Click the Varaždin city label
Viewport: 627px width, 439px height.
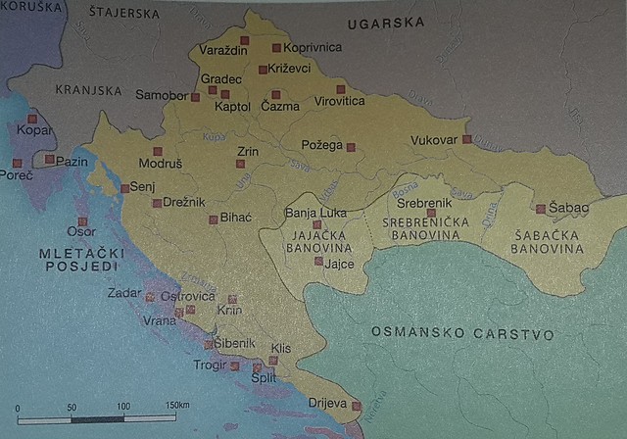(x=222, y=50)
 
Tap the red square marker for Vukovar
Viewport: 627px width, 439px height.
(x=467, y=139)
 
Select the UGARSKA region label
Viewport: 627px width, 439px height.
(x=392, y=22)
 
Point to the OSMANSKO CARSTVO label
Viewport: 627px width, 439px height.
(x=462, y=334)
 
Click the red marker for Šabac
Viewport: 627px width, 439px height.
(x=540, y=208)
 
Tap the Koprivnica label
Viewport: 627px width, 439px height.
(x=313, y=47)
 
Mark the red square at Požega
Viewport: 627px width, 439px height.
(x=351, y=148)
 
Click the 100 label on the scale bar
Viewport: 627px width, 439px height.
(x=123, y=406)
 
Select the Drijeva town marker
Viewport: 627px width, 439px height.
(x=357, y=405)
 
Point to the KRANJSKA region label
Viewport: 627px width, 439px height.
(x=89, y=90)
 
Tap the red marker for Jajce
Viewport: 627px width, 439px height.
(x=318, y=261)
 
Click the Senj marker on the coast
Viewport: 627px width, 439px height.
(x=124, y=187)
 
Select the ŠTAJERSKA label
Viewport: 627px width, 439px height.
(x=123, y=14)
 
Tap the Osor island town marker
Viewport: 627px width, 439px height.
(x=82, y=221)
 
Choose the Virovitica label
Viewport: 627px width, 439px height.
(x=339, y=101)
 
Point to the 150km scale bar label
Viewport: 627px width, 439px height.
(x=177, y=406)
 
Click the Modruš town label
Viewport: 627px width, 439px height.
(x=160, y=165)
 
